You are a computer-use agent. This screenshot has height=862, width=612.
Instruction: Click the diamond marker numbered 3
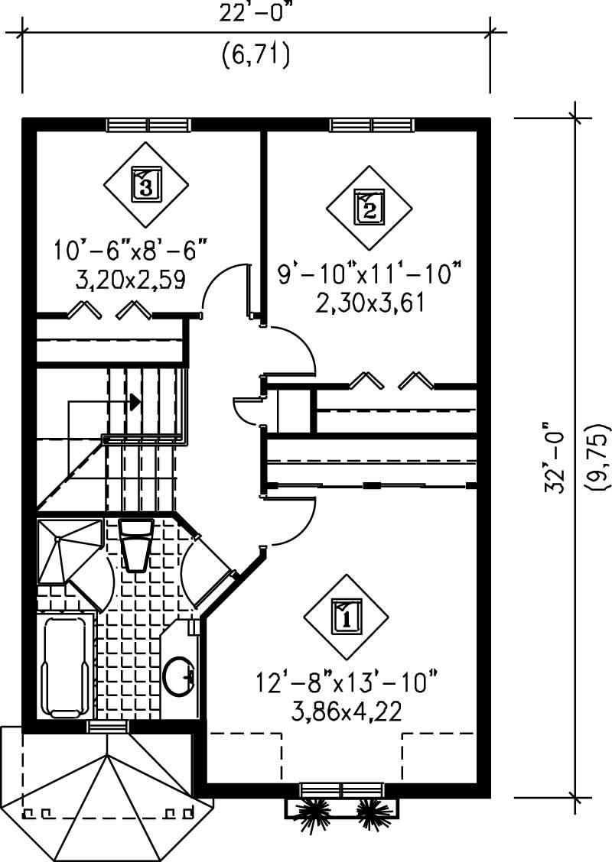pyautogui.click(x=145, y=183)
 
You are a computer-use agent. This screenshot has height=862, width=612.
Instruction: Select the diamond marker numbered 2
pyautogui.click(x=369, y=207)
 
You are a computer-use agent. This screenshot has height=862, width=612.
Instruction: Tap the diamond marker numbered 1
pyautogui.click(x=345, y=614)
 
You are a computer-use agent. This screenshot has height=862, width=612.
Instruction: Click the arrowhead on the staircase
pyautogui.click(x=135, y=400)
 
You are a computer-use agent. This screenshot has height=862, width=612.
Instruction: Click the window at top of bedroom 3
pyautogui.click(x=148, y=125)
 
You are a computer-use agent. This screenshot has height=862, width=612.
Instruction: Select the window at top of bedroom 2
pyautogui.click(x=373, y=125)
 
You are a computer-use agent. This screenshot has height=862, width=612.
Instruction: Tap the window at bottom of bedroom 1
pyautogui.click(x=340, y=789)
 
